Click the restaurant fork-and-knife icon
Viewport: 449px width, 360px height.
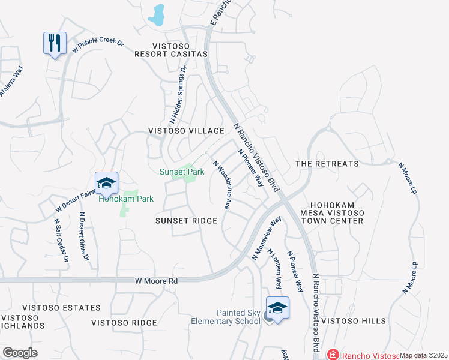coord(55,43)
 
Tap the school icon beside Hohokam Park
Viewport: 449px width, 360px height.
coord(106,182)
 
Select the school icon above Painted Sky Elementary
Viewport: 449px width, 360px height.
coord(277,308)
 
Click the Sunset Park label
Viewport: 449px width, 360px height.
coord(182,172)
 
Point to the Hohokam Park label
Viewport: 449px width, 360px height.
coord(126,199)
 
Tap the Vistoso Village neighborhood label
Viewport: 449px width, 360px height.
coord(186,131)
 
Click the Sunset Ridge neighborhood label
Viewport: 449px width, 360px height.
coord(186,221)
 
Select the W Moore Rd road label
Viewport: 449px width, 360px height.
coord(155,280)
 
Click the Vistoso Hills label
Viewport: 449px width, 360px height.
coord(353,321)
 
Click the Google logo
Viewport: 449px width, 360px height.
coord(20,352)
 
